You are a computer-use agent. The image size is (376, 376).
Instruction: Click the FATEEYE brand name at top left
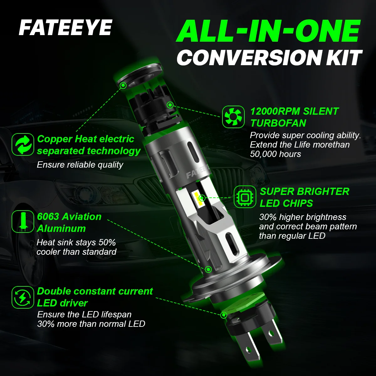pyautogui.click(x=65, y=28)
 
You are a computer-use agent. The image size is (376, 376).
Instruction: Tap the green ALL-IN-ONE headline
pyautogui.click(x=268, y=31)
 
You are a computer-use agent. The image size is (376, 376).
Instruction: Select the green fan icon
pyautogui.click(x=233, y=117)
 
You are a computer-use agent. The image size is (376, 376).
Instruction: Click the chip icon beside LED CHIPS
pyautogui.click(x=245, y=197)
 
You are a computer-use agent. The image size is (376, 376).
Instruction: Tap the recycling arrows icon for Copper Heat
pyautogui.click(x=23, y=144)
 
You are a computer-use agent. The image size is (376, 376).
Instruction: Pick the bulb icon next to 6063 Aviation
pyautogui.click(x=23, y=222)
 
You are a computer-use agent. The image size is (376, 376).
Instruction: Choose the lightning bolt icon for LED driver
pyautogui.click(x=23, y=297)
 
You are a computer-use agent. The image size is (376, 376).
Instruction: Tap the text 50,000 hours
pyautogui.click(x=275, y=154)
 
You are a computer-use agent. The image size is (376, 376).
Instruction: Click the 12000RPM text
pyautogui.click(x=275, y=112)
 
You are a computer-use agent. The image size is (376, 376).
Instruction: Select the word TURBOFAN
pyautogui.click(x=278, y=123)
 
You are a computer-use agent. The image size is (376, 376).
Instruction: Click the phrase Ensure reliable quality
pyautogui.click(x=80, y=165)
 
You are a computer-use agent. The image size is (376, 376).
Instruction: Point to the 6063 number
pyautogui.click(x=48, y=217)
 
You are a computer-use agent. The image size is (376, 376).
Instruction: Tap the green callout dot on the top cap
pyautogui.click(x=123, y=85)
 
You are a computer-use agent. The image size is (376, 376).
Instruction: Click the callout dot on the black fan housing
pyautogui.click(x=170, y=105)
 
